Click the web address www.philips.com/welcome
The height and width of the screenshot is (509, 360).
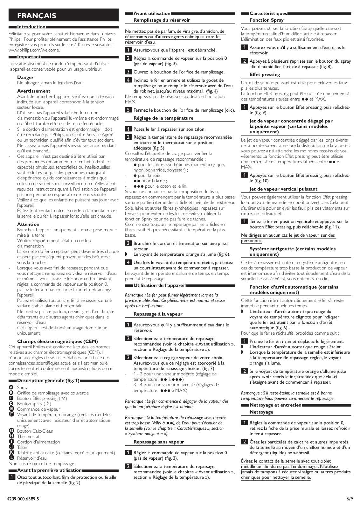[34, 50]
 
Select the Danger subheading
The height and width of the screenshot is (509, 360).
[25, 77]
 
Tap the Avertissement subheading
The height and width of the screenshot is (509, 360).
[34, 91]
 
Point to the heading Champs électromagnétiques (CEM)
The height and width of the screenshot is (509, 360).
[57, 341]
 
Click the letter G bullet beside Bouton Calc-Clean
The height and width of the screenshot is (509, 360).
[11, 431]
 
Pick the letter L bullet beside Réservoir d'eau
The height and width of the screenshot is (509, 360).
[11, 458]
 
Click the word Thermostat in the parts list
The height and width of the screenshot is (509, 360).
[28, 436]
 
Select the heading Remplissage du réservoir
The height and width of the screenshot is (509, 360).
[162, 20]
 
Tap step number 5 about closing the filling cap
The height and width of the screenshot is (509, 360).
[128, 110]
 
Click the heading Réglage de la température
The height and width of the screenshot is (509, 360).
[163, 118]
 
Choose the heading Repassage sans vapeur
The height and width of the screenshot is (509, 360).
[159, 442]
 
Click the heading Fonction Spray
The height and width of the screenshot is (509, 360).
[267, 20]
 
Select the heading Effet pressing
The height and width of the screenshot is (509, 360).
[265, 74]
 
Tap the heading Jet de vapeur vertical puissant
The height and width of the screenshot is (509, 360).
[283, 189]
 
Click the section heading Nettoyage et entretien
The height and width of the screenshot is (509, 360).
[275, 405]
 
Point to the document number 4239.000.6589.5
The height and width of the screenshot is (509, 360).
[23, 499]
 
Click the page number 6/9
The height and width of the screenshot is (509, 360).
[349, 499]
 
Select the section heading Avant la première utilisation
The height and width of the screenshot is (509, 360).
[49, 470]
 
